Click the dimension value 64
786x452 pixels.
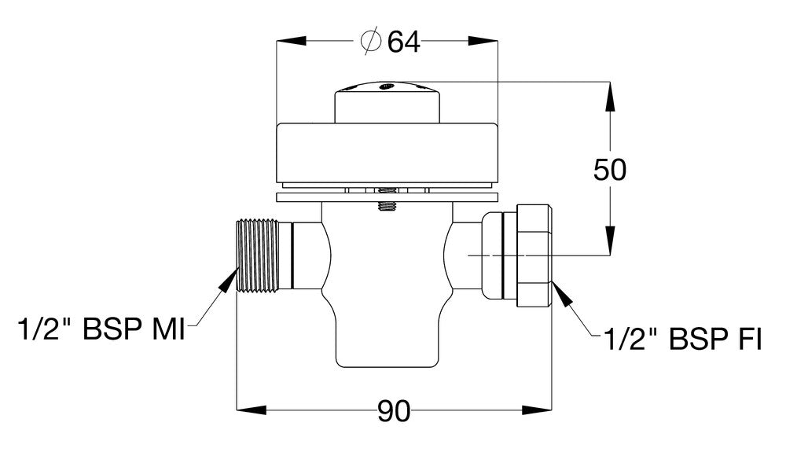403,41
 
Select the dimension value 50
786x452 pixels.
610,170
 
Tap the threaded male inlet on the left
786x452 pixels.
256,255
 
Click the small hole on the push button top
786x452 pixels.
385,87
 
